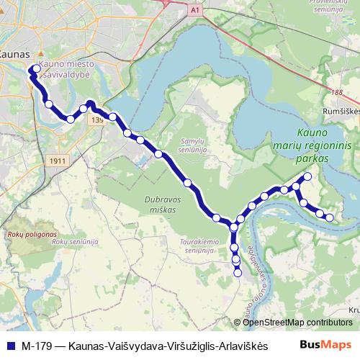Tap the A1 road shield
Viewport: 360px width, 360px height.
click(196, 10)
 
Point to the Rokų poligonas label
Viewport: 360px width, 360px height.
click(26, 235)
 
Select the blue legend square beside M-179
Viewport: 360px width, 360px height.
click(11, 344)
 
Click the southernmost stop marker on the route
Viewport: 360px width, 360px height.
click(238, 272)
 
